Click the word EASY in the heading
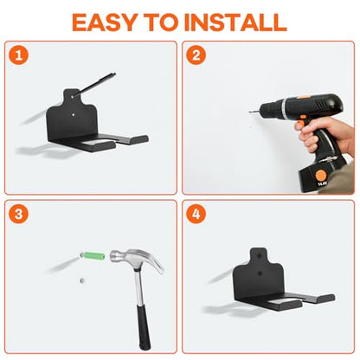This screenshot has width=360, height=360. [x=105, y=22]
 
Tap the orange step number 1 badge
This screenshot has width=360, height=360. [x=19, y=55]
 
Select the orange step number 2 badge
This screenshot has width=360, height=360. [x=196, y=55]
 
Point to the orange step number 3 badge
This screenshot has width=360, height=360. [x=19, y=214]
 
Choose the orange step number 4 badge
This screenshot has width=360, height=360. [x=196, y=214]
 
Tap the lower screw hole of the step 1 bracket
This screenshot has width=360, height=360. [x=74, y=114]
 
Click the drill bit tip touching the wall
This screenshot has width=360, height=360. [x=250, y=112]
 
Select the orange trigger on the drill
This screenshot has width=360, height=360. [x=302, y=120]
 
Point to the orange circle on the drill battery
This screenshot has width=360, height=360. [x=320, y=176]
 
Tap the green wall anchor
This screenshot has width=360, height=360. [x=93, y=256]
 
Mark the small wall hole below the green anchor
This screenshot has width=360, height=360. [x=81, y=280]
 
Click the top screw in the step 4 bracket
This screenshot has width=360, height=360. [x=260, y=255]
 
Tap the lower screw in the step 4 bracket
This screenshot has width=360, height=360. [x=260, y=273]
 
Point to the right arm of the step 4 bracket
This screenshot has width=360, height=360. [x=321, y=298]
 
